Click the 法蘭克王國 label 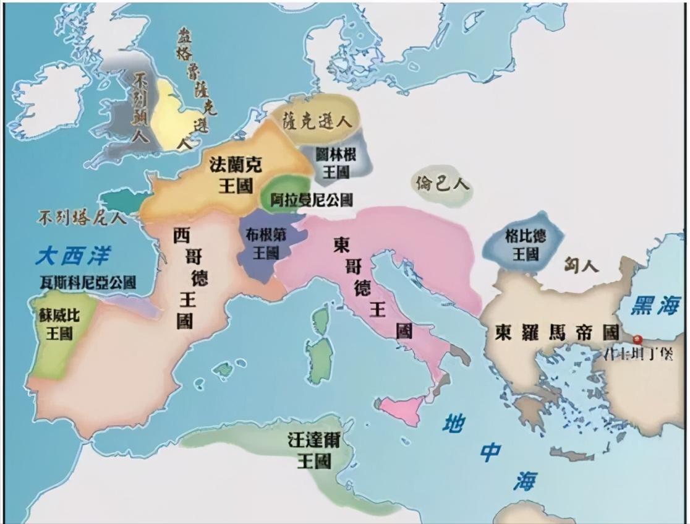pos(236,174)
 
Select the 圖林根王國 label pos(335,163)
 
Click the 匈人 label pos(582,266)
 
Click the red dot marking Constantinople pos(637,340)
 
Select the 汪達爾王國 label pos(313,450)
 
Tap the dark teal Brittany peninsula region pos(124,200)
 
